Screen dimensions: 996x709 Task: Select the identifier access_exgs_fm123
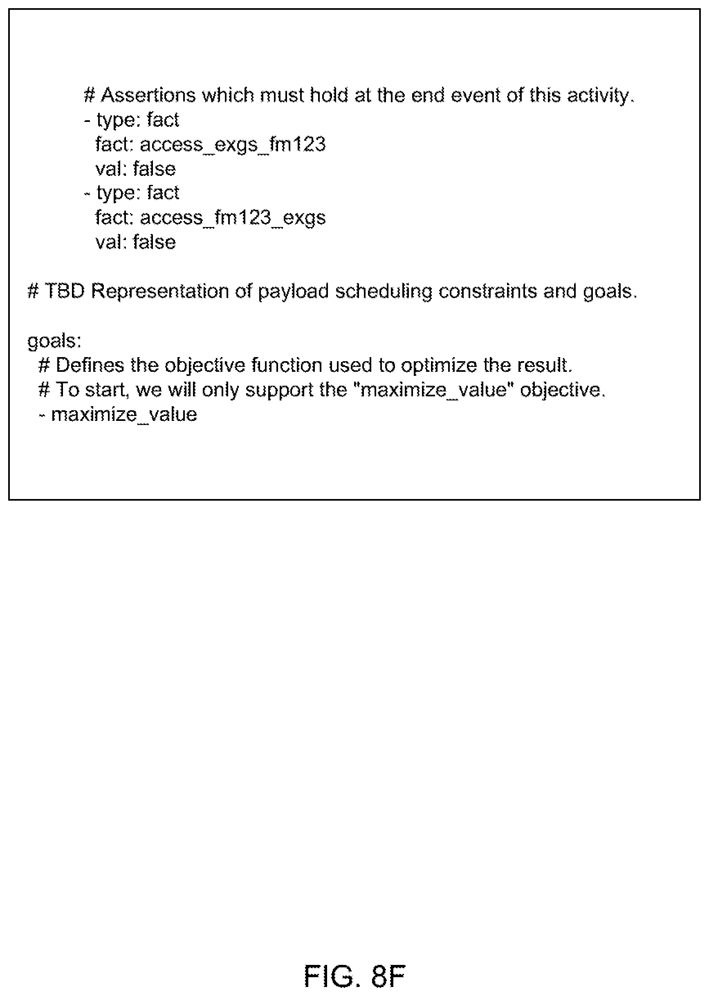232,144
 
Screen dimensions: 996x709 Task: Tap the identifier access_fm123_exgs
232,218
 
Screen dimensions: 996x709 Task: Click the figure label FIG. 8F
354,976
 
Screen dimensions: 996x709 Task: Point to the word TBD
65,291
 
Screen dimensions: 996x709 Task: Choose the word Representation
160,291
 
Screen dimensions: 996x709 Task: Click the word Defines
90,365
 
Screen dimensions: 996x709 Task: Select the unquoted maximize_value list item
124,414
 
